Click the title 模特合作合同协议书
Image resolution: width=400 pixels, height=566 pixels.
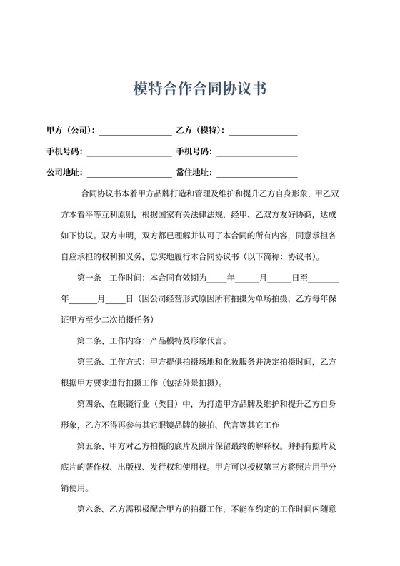(x=200, y=89)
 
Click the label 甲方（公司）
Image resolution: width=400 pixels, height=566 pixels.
(x=70, y=131)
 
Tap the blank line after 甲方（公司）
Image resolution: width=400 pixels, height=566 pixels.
(x=135, y=132)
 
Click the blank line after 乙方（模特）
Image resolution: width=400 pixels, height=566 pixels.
(x=263, y=132)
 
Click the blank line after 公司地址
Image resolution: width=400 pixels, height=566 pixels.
(x=129, y=174)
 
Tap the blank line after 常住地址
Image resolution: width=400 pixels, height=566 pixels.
(x=257, y=174)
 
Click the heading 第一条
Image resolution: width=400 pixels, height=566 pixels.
(x=89, y=277)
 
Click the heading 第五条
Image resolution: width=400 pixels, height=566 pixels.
(x=89, y=446)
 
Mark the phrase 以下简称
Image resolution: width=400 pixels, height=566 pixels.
(x=269, y=256)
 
